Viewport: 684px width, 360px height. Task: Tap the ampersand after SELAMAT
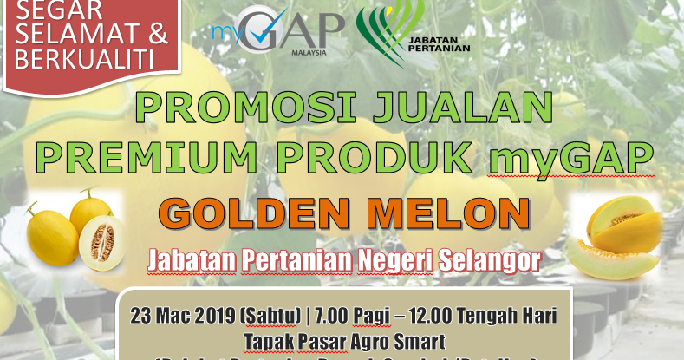(153, 36)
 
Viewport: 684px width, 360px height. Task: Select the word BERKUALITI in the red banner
(81, 60)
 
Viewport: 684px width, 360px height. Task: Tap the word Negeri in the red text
(391, 259)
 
